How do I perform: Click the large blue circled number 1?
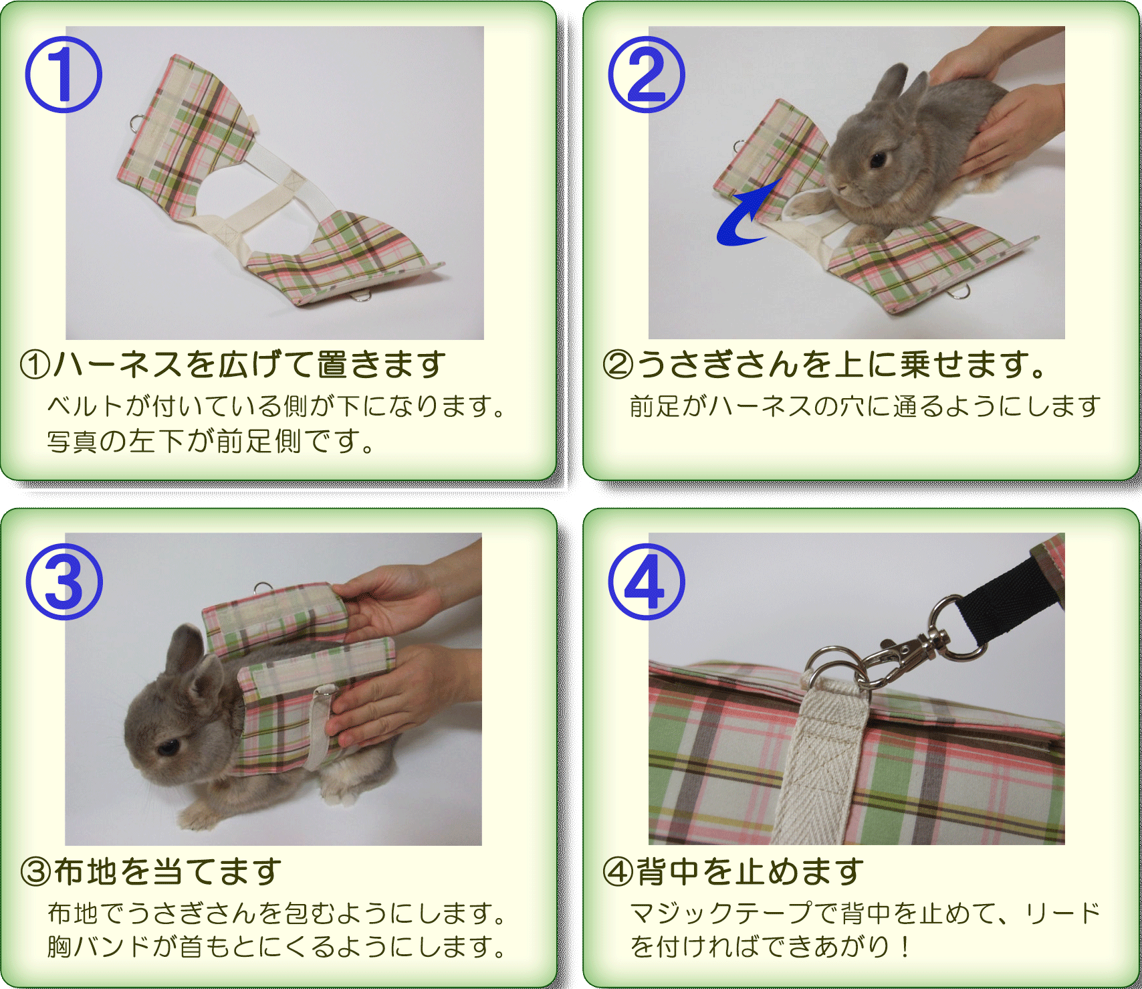pos(64,75)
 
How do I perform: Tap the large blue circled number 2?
pos(647,75)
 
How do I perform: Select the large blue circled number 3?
pos(64,581)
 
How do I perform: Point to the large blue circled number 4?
pos(647,581)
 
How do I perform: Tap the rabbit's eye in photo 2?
pos(878,159)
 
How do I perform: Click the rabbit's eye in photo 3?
pos(166,746)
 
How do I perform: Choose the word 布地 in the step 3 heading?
pos(86,871)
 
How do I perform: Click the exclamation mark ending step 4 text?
pos(905,946)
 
